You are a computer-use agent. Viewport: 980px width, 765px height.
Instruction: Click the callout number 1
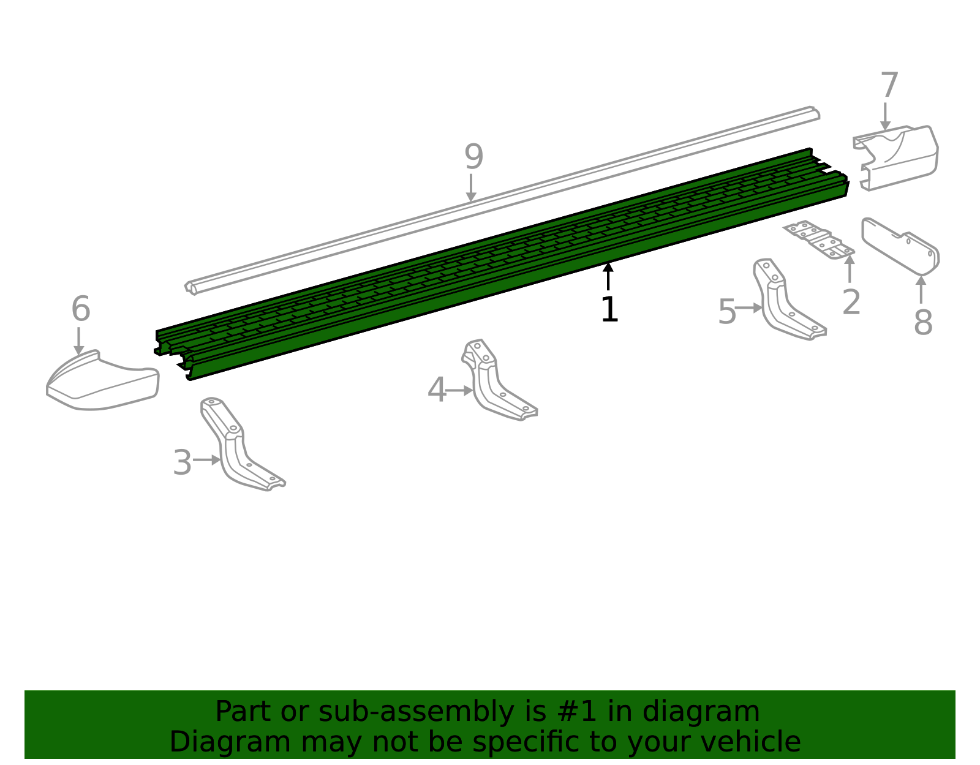609,309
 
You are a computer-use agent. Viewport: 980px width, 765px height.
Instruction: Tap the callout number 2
851,302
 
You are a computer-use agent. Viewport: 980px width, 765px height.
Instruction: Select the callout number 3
183,462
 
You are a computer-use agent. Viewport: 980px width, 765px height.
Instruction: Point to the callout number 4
437,390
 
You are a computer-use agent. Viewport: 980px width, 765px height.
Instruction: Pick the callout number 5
727,312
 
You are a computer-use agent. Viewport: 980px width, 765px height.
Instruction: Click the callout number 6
81,309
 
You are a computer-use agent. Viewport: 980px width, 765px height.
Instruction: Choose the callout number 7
889,85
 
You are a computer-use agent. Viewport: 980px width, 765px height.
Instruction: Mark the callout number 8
922,322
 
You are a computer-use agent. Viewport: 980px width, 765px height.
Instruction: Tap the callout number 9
473,157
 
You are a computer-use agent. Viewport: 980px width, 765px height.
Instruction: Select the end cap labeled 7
897,157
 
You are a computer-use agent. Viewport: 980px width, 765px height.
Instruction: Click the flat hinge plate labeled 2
819,239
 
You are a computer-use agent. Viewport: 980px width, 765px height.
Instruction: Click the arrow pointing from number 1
608,276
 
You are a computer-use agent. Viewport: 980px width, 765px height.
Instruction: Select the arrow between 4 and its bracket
459,390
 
